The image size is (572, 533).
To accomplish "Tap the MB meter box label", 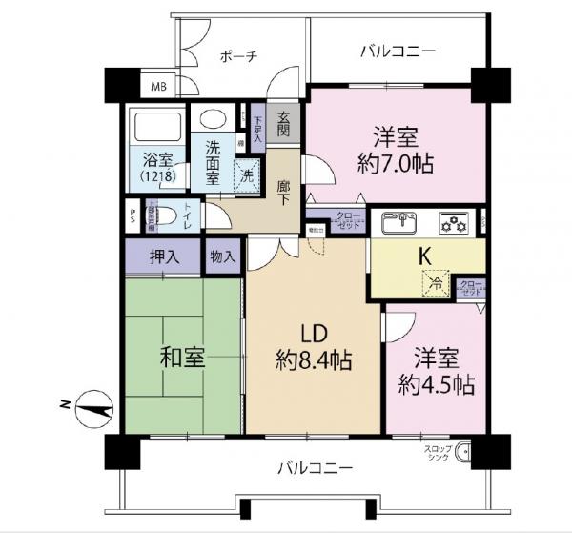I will (x=157, y=88).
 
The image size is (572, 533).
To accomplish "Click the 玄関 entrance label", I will (x=284, y=122).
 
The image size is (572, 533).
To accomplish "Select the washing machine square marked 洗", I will (x=246, y=174).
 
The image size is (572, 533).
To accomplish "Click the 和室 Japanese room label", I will (x=181, y=360).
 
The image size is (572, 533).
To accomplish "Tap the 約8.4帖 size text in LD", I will (x=316, y=361).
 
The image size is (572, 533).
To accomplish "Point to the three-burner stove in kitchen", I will (x=452, y=223).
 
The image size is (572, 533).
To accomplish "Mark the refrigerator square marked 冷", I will (x=435, y=283).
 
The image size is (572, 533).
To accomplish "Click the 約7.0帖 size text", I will (x=397, y=163).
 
